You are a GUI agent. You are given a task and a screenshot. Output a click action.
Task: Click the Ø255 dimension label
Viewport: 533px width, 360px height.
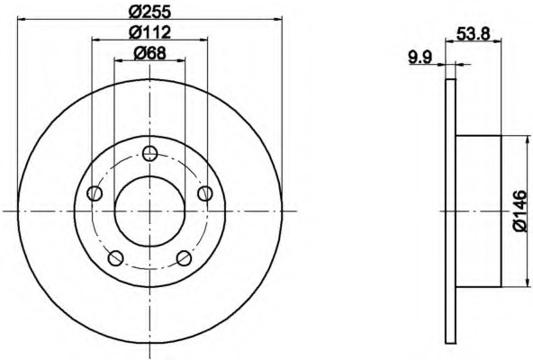click(149, 13)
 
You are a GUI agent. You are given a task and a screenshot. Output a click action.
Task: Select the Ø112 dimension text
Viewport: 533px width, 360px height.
click(149, 32)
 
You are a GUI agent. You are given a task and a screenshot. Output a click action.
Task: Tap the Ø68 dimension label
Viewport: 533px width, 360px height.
click(149, 53)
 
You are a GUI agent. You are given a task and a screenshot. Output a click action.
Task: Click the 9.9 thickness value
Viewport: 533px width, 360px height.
click(420, 57)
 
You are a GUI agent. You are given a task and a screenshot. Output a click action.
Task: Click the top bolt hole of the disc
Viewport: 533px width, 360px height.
click(149, 154)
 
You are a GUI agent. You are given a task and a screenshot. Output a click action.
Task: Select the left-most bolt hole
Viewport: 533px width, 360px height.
click(95, 193)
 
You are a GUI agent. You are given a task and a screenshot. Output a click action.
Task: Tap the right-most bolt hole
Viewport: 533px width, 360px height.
click(205, 193)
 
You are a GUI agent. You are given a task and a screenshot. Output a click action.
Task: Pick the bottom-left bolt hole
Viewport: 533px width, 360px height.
click(115, 258)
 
